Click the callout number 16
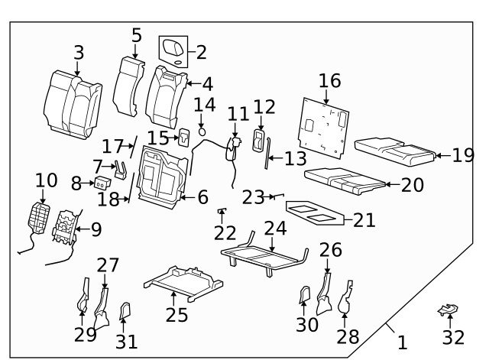click(x=329, y=82)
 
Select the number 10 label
click(x=46, y=180)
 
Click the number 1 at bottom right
click(x=402, y=343)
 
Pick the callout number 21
click(x=364, y=220)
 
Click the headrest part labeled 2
click(x=173, y=50)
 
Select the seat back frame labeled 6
click(x=162, y=178)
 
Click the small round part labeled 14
click(x=202, y=131)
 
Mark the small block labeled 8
click(x=100, y=182)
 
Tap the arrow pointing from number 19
click(x=442, y=155)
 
